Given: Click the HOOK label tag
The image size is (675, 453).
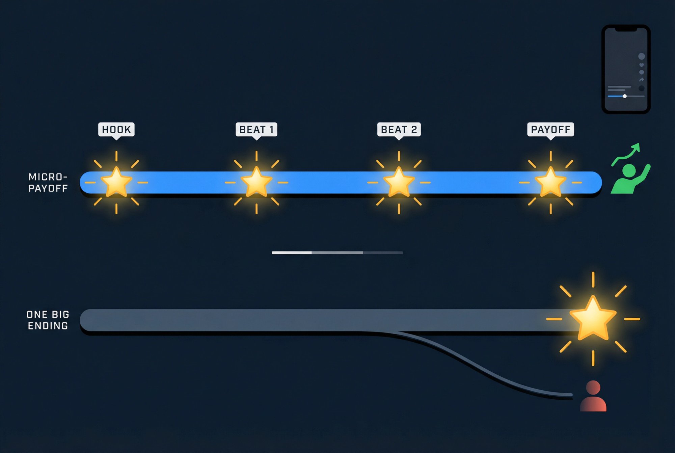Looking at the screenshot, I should click(x=116, y=129).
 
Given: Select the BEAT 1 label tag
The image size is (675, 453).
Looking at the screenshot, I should click(x=256, y=129).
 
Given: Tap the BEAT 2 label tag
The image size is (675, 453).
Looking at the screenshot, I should click(x=399, y=129).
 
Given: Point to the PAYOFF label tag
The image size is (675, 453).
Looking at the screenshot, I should click(x=550, y=129).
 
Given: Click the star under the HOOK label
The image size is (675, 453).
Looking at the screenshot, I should click(x=116, y=182).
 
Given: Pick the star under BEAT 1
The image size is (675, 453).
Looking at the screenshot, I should click(x=256, y=182).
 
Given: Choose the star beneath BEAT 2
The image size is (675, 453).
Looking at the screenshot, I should click(x=399, y=182).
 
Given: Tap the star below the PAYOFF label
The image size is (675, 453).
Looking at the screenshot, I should click(x=550, y=182).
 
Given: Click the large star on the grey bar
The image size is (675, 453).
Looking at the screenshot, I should click(x=593, y=319).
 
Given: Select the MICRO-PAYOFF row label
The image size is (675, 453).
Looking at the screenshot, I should click(x=48, y=183).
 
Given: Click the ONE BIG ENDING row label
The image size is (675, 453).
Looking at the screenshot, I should click(x=48, y=320).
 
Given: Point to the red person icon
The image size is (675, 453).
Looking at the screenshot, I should click(x=593, y=397).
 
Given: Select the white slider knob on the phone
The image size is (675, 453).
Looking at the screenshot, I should click(x=625, y=96).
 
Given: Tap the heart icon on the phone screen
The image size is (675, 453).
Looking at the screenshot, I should click(x=642, y=65).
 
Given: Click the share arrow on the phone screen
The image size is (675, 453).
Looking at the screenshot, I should click(x=642, y=80).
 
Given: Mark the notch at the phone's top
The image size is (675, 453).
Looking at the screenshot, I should click(x=626, y=30).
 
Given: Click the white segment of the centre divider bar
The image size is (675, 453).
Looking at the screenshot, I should click(x=292, y=252).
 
